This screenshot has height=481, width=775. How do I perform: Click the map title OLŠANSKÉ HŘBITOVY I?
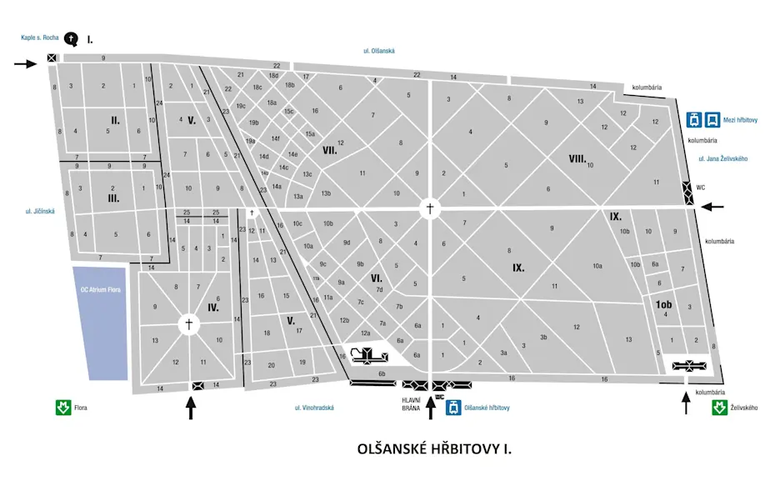point(434,449)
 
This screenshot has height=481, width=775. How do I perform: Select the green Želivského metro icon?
point(718,408)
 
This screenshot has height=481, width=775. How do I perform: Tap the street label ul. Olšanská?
point(378,51)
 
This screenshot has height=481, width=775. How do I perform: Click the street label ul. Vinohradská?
point(314,408)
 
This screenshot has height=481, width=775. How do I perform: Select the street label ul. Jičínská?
point(40,211)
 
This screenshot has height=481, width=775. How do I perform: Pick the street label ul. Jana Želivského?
point(723,158)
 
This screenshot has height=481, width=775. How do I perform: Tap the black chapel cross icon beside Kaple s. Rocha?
point(72,38)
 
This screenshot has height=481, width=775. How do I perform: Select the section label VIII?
point(577,158)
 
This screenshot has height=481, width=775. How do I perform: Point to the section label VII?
point(329,150)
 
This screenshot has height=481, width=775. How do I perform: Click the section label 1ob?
point(663,305)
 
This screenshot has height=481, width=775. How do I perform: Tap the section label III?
point(114,198)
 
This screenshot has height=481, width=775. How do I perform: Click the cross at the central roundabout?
point(430,208)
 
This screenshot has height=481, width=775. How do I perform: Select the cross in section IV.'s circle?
point(188,323)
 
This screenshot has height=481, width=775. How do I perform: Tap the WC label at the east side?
point(700,188)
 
